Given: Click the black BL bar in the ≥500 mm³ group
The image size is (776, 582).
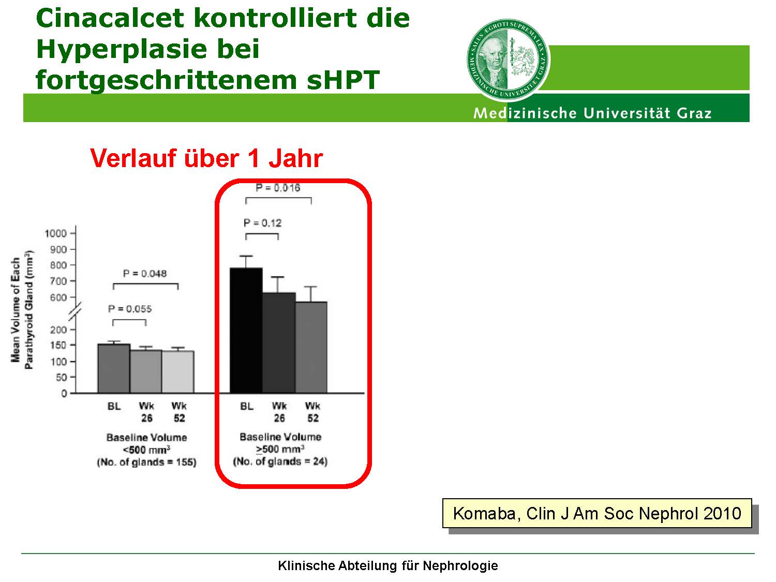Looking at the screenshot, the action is pos(246,331).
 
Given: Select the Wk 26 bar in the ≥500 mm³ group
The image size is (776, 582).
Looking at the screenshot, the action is pos(279,343).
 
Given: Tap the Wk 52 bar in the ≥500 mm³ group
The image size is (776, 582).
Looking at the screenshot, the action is pos(311,347).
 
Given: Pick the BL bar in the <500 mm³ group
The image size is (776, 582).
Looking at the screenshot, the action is pos(114,368).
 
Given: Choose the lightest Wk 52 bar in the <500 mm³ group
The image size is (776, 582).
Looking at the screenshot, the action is pos(178,372).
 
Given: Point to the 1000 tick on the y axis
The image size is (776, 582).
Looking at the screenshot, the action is pos(56,233).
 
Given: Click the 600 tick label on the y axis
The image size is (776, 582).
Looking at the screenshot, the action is pos(58,297).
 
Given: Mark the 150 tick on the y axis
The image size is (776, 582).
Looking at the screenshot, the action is pos(58,345).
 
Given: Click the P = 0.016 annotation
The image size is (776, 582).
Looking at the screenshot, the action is pos(278,188).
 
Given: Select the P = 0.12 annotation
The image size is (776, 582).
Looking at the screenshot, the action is pos(263,223).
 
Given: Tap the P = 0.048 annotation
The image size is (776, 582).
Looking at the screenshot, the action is pos(144,274).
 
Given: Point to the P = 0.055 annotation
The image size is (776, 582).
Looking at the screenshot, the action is pos(130,309).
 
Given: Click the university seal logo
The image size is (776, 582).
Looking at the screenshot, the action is pos(508,59).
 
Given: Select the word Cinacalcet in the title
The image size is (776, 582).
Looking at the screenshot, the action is pos(110,18).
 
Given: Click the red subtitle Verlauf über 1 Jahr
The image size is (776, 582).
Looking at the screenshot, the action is pos(206,158).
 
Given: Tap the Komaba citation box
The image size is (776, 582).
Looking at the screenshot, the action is pos(597,513).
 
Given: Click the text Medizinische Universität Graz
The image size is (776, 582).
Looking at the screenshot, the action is pos(592,113).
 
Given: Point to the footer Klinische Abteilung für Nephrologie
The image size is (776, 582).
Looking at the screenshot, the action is pos(388,565).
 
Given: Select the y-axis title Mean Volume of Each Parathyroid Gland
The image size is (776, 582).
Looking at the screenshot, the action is pos(22,310).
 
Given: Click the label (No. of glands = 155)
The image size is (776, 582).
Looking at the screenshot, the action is pos(147,462).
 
